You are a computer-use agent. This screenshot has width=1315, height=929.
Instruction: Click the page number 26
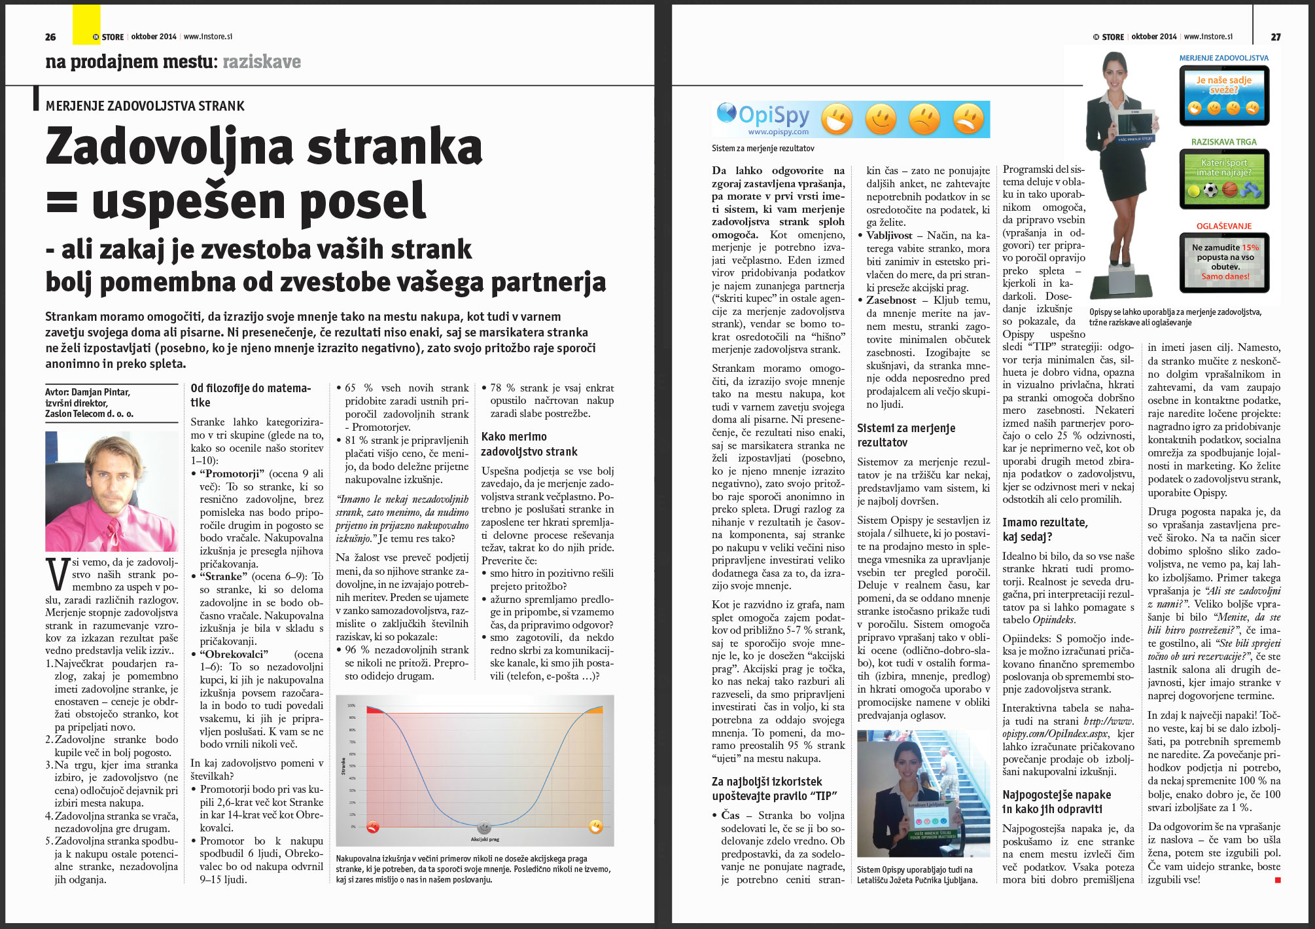[x=50, y=37]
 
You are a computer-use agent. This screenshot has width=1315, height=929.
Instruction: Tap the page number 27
[x=1276, y=37]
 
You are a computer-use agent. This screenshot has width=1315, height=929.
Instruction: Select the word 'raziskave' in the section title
[x=262, y=62]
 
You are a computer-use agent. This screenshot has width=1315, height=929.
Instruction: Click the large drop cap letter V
[x=58, y=574]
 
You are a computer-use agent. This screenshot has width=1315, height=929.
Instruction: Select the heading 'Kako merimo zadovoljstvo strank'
[x=529, y=444]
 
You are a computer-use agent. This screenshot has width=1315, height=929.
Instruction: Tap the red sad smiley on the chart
[x=373, y=826]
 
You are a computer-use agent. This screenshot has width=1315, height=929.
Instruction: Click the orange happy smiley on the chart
[x=595, y=826]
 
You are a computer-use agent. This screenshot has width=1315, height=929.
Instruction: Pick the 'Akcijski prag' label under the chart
[x=485, y=839]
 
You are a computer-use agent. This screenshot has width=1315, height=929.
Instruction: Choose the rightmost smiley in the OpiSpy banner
[x=968, y=119]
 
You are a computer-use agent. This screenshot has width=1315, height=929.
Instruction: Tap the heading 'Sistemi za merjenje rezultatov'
[x=906, y=435]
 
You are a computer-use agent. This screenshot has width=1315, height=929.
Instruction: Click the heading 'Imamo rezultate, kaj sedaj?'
[x=1045, y=529]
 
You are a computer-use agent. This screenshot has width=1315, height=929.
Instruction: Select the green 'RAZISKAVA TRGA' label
[x=1223, y=141]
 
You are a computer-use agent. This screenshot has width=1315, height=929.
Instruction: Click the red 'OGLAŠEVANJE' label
[x=1223, y=226]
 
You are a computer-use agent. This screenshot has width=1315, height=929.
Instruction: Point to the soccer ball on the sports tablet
[x=1210, y=190]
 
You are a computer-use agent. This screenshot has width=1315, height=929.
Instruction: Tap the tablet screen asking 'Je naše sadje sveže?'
[x=1223, y=96]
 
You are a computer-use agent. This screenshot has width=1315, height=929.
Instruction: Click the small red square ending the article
[x=1278, y=880]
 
